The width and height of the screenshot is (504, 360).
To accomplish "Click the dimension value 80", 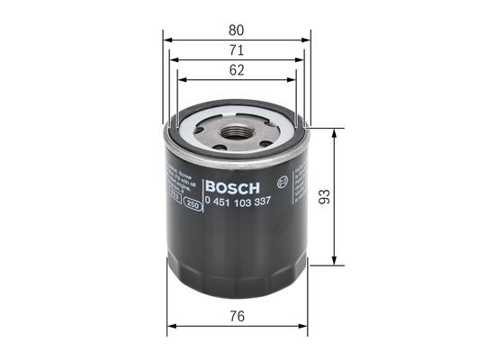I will pos(235,28).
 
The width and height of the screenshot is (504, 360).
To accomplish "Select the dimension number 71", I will pos(235,50).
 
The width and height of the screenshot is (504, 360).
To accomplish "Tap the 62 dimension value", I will pos(235,71).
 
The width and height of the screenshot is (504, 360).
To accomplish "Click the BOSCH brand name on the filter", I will pos(232,187).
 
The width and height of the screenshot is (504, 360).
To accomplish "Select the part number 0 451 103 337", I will pos(239,202).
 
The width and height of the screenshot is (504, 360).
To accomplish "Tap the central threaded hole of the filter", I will pos(234,133).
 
